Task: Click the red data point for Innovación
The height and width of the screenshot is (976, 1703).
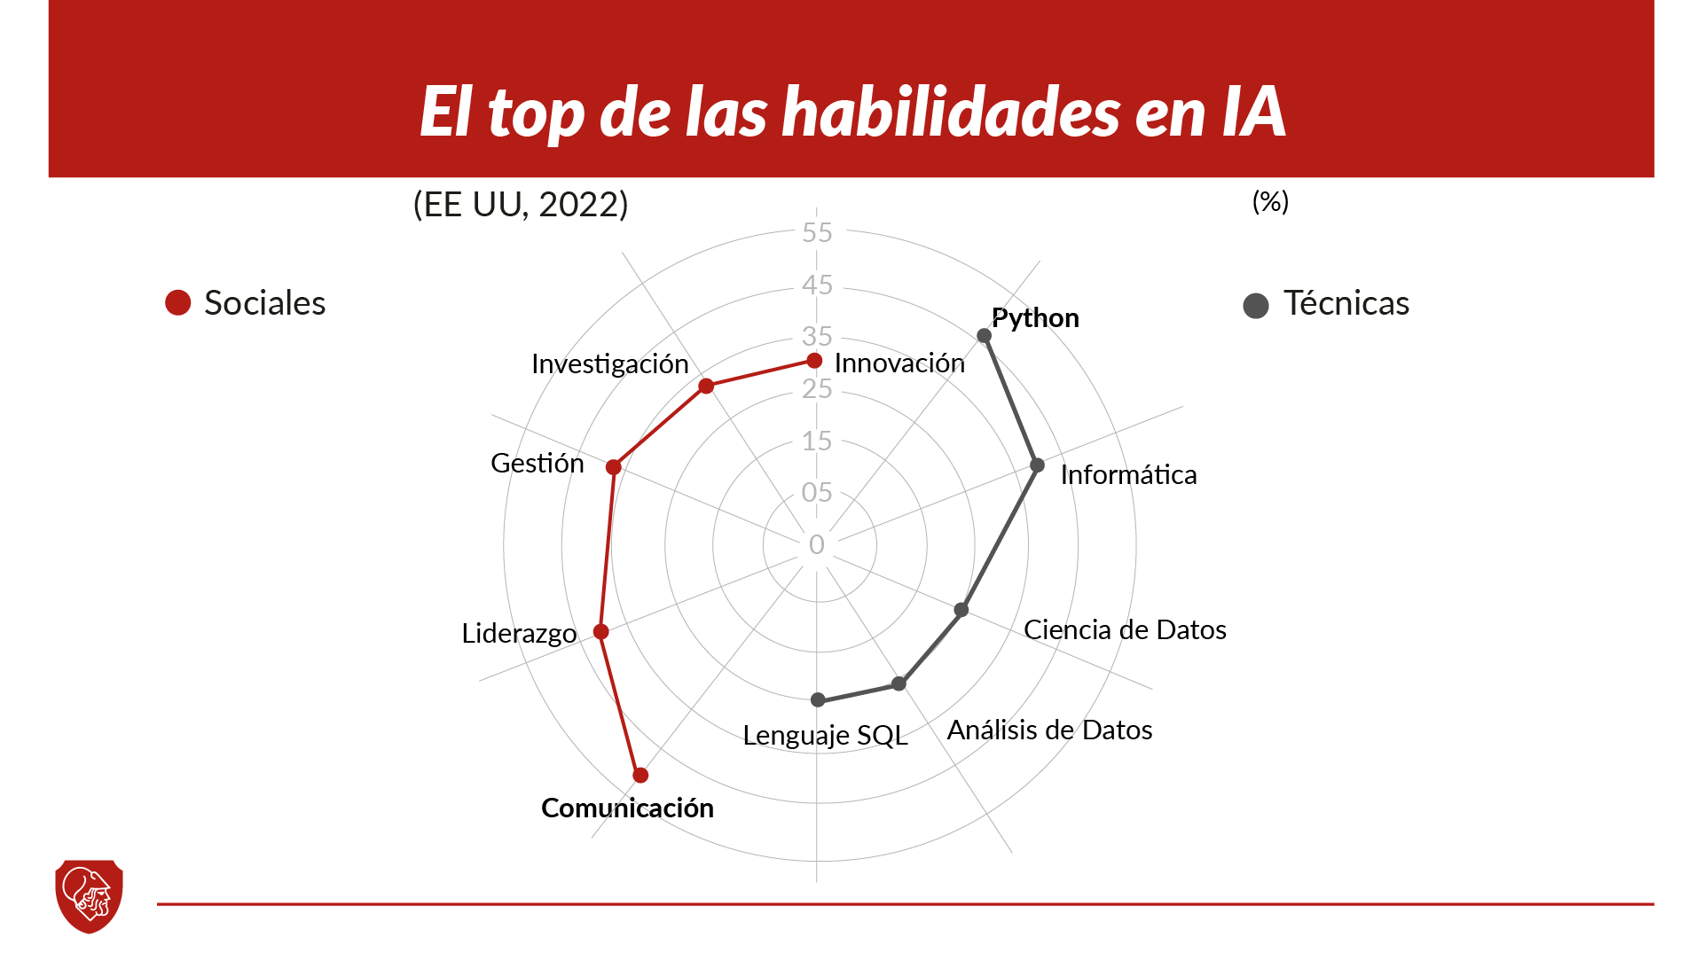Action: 814,361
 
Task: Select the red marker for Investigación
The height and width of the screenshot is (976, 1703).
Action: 706,386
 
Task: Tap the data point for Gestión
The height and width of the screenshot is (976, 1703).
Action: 613,467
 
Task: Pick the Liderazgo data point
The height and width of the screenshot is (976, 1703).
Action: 601,632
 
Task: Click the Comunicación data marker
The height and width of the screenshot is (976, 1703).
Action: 640,775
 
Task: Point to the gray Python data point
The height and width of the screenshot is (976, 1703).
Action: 984,335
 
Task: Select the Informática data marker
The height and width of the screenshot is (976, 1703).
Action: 1037,465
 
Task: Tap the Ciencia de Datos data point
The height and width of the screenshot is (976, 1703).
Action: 961,610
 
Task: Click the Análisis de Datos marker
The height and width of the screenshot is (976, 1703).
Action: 899,683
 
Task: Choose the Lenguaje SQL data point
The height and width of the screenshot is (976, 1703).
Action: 818,700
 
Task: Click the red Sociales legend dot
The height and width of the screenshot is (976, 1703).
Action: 178,303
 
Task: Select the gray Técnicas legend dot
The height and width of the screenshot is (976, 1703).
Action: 1256,306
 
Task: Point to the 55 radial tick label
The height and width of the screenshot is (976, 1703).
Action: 817,232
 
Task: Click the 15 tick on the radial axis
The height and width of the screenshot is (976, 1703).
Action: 817,441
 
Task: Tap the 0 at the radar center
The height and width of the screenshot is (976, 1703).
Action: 817,544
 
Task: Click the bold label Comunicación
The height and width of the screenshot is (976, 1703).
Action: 627,808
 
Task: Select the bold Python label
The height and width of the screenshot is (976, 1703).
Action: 1035,317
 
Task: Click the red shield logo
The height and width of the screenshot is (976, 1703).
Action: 89,895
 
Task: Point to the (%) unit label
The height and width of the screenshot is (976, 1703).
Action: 1270,202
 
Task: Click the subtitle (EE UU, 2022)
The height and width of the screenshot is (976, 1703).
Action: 521,205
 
